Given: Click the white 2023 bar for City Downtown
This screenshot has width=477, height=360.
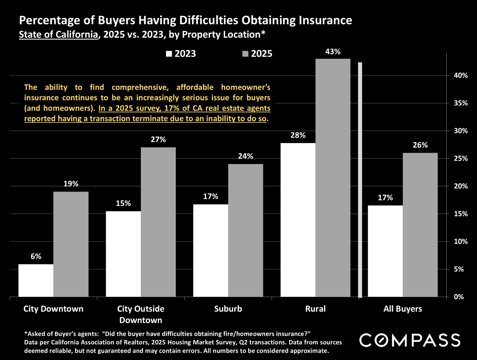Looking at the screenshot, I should (36, 280).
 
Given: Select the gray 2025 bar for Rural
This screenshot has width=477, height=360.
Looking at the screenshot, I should (333, 178).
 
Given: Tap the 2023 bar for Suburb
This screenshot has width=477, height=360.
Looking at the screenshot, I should (211, 250).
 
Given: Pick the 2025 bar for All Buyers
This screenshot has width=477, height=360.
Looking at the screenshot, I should (420, 225).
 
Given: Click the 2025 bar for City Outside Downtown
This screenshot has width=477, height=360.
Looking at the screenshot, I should (158, 222).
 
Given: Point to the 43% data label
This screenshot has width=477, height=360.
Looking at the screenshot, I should (333, 52).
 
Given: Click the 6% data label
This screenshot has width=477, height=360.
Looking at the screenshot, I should (36, 256).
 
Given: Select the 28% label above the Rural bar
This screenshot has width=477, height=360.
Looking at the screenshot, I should (298, 135).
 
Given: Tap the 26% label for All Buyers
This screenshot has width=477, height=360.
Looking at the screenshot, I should (420, 145).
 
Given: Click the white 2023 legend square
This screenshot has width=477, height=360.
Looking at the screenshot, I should (169, 54).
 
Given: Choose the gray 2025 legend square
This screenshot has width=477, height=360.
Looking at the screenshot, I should (245, 54).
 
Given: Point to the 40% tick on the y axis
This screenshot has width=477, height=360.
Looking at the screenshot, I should (461, 75).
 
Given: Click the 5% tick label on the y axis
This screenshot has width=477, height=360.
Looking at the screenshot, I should (459, 269).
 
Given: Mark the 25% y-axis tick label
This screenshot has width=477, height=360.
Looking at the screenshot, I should (461, 158).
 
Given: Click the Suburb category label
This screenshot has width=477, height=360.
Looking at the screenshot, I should (228, 309).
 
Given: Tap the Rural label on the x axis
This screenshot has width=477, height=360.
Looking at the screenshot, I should (315, 309).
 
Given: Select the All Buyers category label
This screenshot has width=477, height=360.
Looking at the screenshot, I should (403, 309).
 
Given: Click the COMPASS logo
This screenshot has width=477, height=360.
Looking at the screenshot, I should (410, 340).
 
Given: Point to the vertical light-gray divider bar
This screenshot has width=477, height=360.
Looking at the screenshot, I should (360, 180).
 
